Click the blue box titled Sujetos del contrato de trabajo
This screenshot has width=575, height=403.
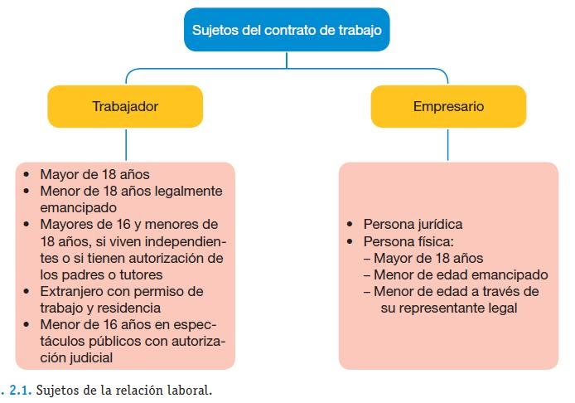(287, 29)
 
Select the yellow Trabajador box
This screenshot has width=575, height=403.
(125, 106)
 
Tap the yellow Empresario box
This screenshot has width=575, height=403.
(448, 106)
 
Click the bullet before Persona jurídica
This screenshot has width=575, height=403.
(350, 224)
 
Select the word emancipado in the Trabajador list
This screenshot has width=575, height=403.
(79, 208)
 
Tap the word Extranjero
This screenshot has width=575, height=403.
(67, 291)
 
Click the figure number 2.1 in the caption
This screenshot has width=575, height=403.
(20, 390)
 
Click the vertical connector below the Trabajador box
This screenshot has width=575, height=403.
(126, 144)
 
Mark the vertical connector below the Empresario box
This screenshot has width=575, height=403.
(448, 144)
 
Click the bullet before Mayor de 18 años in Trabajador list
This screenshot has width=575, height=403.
(27, 174)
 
